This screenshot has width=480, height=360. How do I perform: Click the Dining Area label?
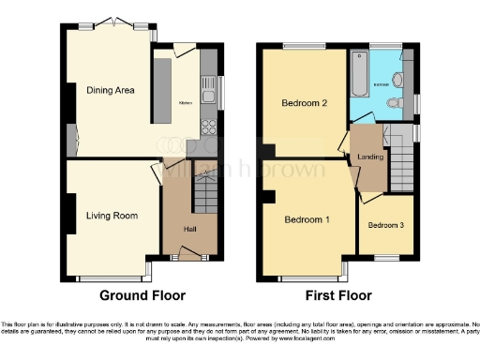[112, 91]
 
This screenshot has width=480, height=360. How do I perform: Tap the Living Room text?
[112, 216]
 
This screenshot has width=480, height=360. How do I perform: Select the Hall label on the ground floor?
[188, 229]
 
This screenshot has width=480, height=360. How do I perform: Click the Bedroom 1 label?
[308, 218]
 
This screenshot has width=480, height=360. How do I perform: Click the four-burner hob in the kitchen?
[209, 128]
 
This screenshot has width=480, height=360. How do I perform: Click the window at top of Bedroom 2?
[301, 43]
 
